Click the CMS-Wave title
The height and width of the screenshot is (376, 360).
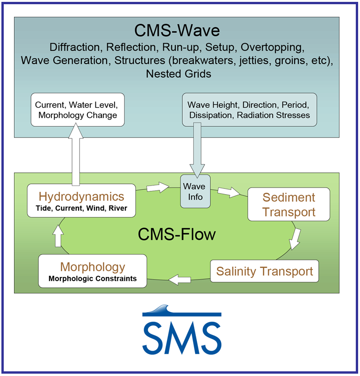[x=177, y=30]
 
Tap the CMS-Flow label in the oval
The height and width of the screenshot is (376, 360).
[x=177, y=234]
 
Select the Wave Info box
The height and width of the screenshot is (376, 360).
[x=195, y=191]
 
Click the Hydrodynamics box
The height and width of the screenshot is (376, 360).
[x=81, y=201]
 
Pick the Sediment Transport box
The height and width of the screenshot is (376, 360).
[x=288, y=204]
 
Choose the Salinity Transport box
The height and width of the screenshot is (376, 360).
[x=264, y=271]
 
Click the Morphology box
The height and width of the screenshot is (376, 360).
[x=93, y=271]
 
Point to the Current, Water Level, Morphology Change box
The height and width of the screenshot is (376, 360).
[x=78, y=110]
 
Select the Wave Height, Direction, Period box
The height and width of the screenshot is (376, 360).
[x=250, y=110]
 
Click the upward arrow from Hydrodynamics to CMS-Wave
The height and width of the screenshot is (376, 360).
[x=76, y=154]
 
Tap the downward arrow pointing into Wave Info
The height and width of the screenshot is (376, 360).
[x=197, y=150]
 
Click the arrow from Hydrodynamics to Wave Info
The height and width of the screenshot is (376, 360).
[x=158, y=187]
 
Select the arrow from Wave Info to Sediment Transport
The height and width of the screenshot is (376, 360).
[x=229, y=192]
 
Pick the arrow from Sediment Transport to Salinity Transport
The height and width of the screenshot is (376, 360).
[x=295, y=239]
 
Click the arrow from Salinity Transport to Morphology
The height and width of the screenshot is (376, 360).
[x=180, y=280]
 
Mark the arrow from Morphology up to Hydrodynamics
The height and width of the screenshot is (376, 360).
[x=58, y=236]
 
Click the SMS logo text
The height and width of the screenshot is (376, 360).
[x=182, y=338]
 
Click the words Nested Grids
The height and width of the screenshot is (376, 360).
[x=179, y=73]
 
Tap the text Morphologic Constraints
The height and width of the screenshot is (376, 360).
[x=93, y=279]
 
